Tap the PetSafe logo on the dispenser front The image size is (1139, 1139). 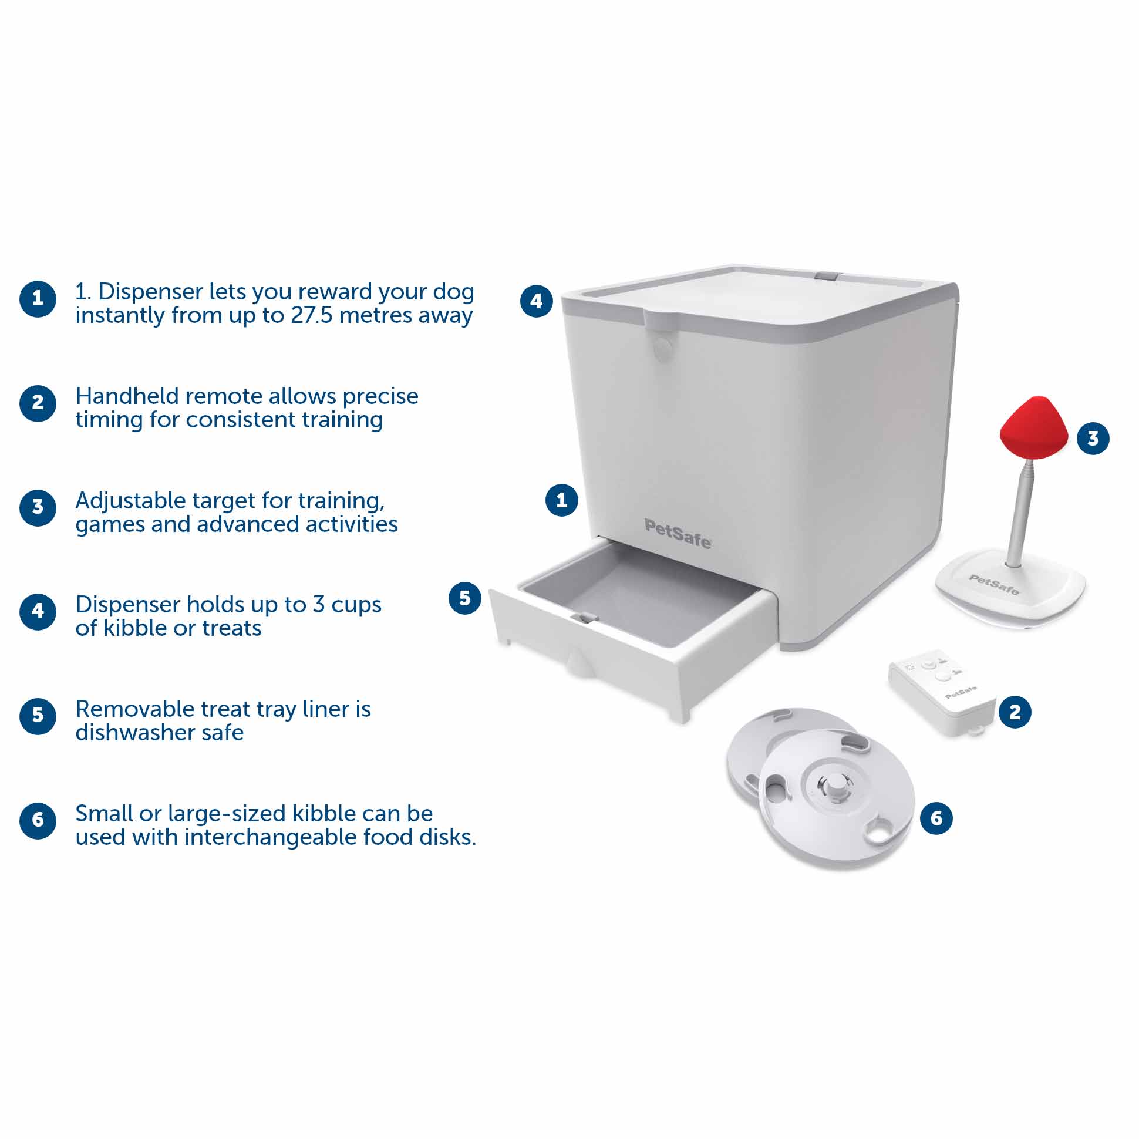[x=678, y=534]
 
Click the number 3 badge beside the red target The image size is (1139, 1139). [x=1093, y=438]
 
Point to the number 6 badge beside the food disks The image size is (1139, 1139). [x=936, y=818]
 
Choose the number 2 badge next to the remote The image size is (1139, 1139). [x=1015, y=712]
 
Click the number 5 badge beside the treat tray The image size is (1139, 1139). [x=464, y=598]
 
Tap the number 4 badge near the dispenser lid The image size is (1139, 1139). [x=536, y=301]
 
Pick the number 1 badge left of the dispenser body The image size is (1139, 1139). [x=561, y=501]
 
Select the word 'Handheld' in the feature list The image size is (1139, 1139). [x=127, y=396]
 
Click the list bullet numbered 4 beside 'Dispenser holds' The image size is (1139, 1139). [x=38, y=611]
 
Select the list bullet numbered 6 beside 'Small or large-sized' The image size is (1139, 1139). [x=38, y=820]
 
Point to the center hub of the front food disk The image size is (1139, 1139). [x=833, y=787]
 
